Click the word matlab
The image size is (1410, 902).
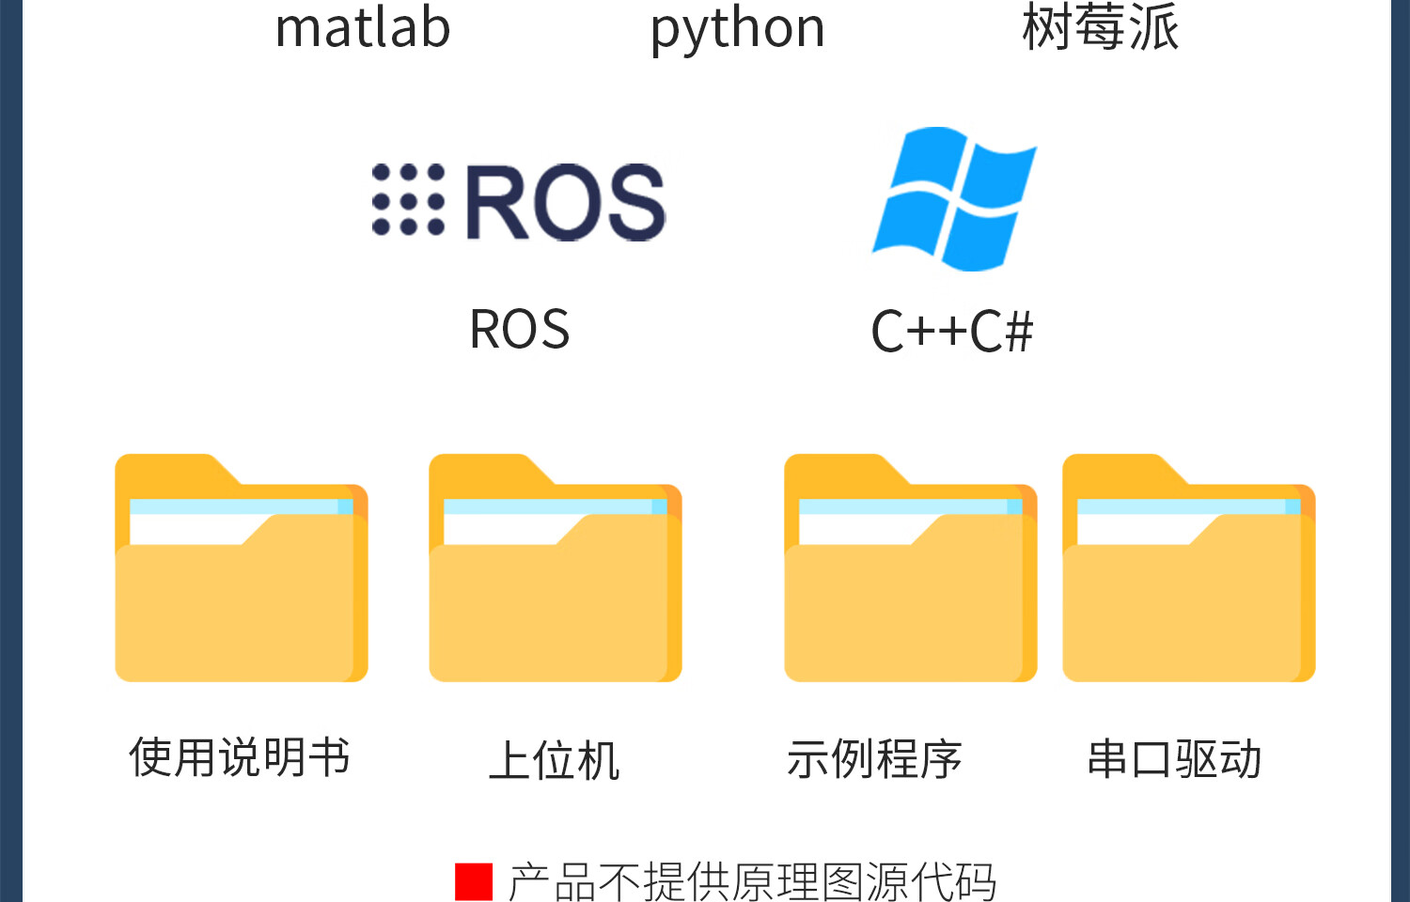[x=363, y=28]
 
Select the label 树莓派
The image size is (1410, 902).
[x=1100, y=26]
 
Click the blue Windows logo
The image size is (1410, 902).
[x=954, y=199]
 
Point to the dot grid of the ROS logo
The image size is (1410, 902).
[x=408, y=199]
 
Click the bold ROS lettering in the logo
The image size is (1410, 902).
[x=565, y=201]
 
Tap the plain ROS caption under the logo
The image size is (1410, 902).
[x=519, y=330]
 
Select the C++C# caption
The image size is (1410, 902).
[x=951, y=332]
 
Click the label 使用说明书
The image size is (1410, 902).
[x=240, y=757]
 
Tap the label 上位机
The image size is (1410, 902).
[x=555, y=760]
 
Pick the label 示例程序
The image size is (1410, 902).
[x=874, y=759]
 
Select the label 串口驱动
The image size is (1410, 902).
[x=1174, y=759]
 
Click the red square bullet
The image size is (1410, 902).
[x=474, y=881]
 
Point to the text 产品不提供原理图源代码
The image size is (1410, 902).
[x=752, y=881]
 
